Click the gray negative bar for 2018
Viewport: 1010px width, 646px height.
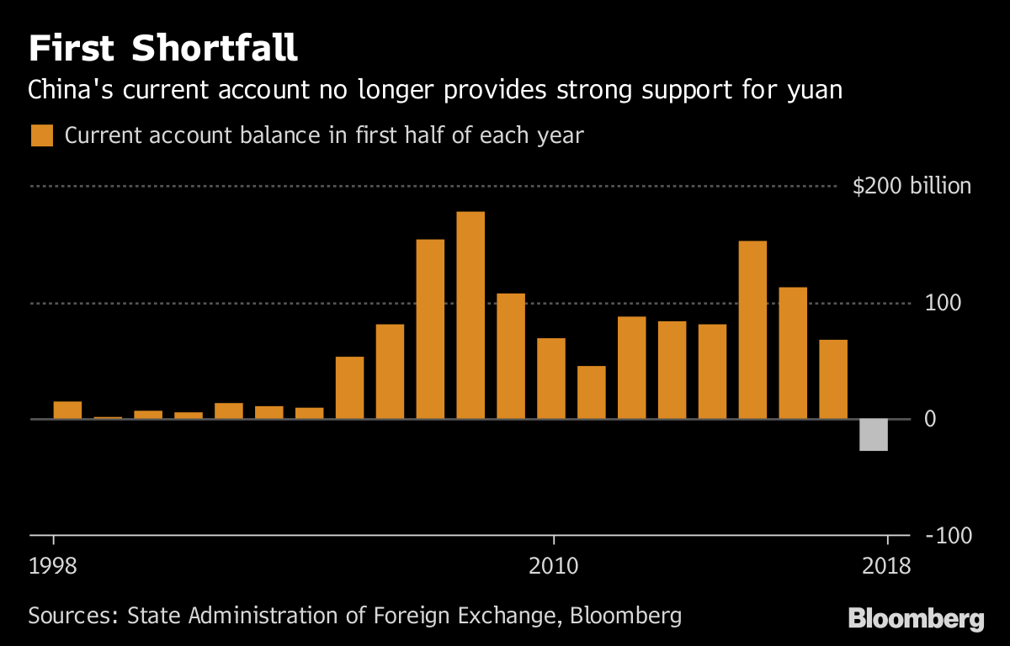(x=873, y=435)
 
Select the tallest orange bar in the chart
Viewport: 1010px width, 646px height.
(x=470, y=315)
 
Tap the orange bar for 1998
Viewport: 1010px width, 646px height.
(x=67, y=410)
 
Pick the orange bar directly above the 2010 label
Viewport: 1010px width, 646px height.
(x=551, y=379)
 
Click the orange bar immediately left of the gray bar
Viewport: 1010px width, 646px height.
(x=833, y=379)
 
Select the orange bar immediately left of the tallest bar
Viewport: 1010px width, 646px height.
(x=430, y=329)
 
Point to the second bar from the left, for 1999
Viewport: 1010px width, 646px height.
(x=108, y=417)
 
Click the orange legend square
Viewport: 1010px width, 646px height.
(x=41, y=135)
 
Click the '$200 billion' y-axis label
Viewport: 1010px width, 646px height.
(x=912, y=186)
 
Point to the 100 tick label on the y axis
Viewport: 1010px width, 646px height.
(x=942, y=303)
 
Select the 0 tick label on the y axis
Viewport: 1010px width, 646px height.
(x=930, y=419)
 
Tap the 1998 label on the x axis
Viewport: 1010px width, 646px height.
(x=53, y=564)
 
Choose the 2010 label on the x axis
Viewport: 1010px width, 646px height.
(x=553, y=564)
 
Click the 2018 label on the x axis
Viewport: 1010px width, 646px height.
(x=886, y=564)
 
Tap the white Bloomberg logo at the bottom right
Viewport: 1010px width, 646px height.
(x=916, y=619)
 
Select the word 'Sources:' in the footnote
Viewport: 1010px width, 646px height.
(x=72, y=616)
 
